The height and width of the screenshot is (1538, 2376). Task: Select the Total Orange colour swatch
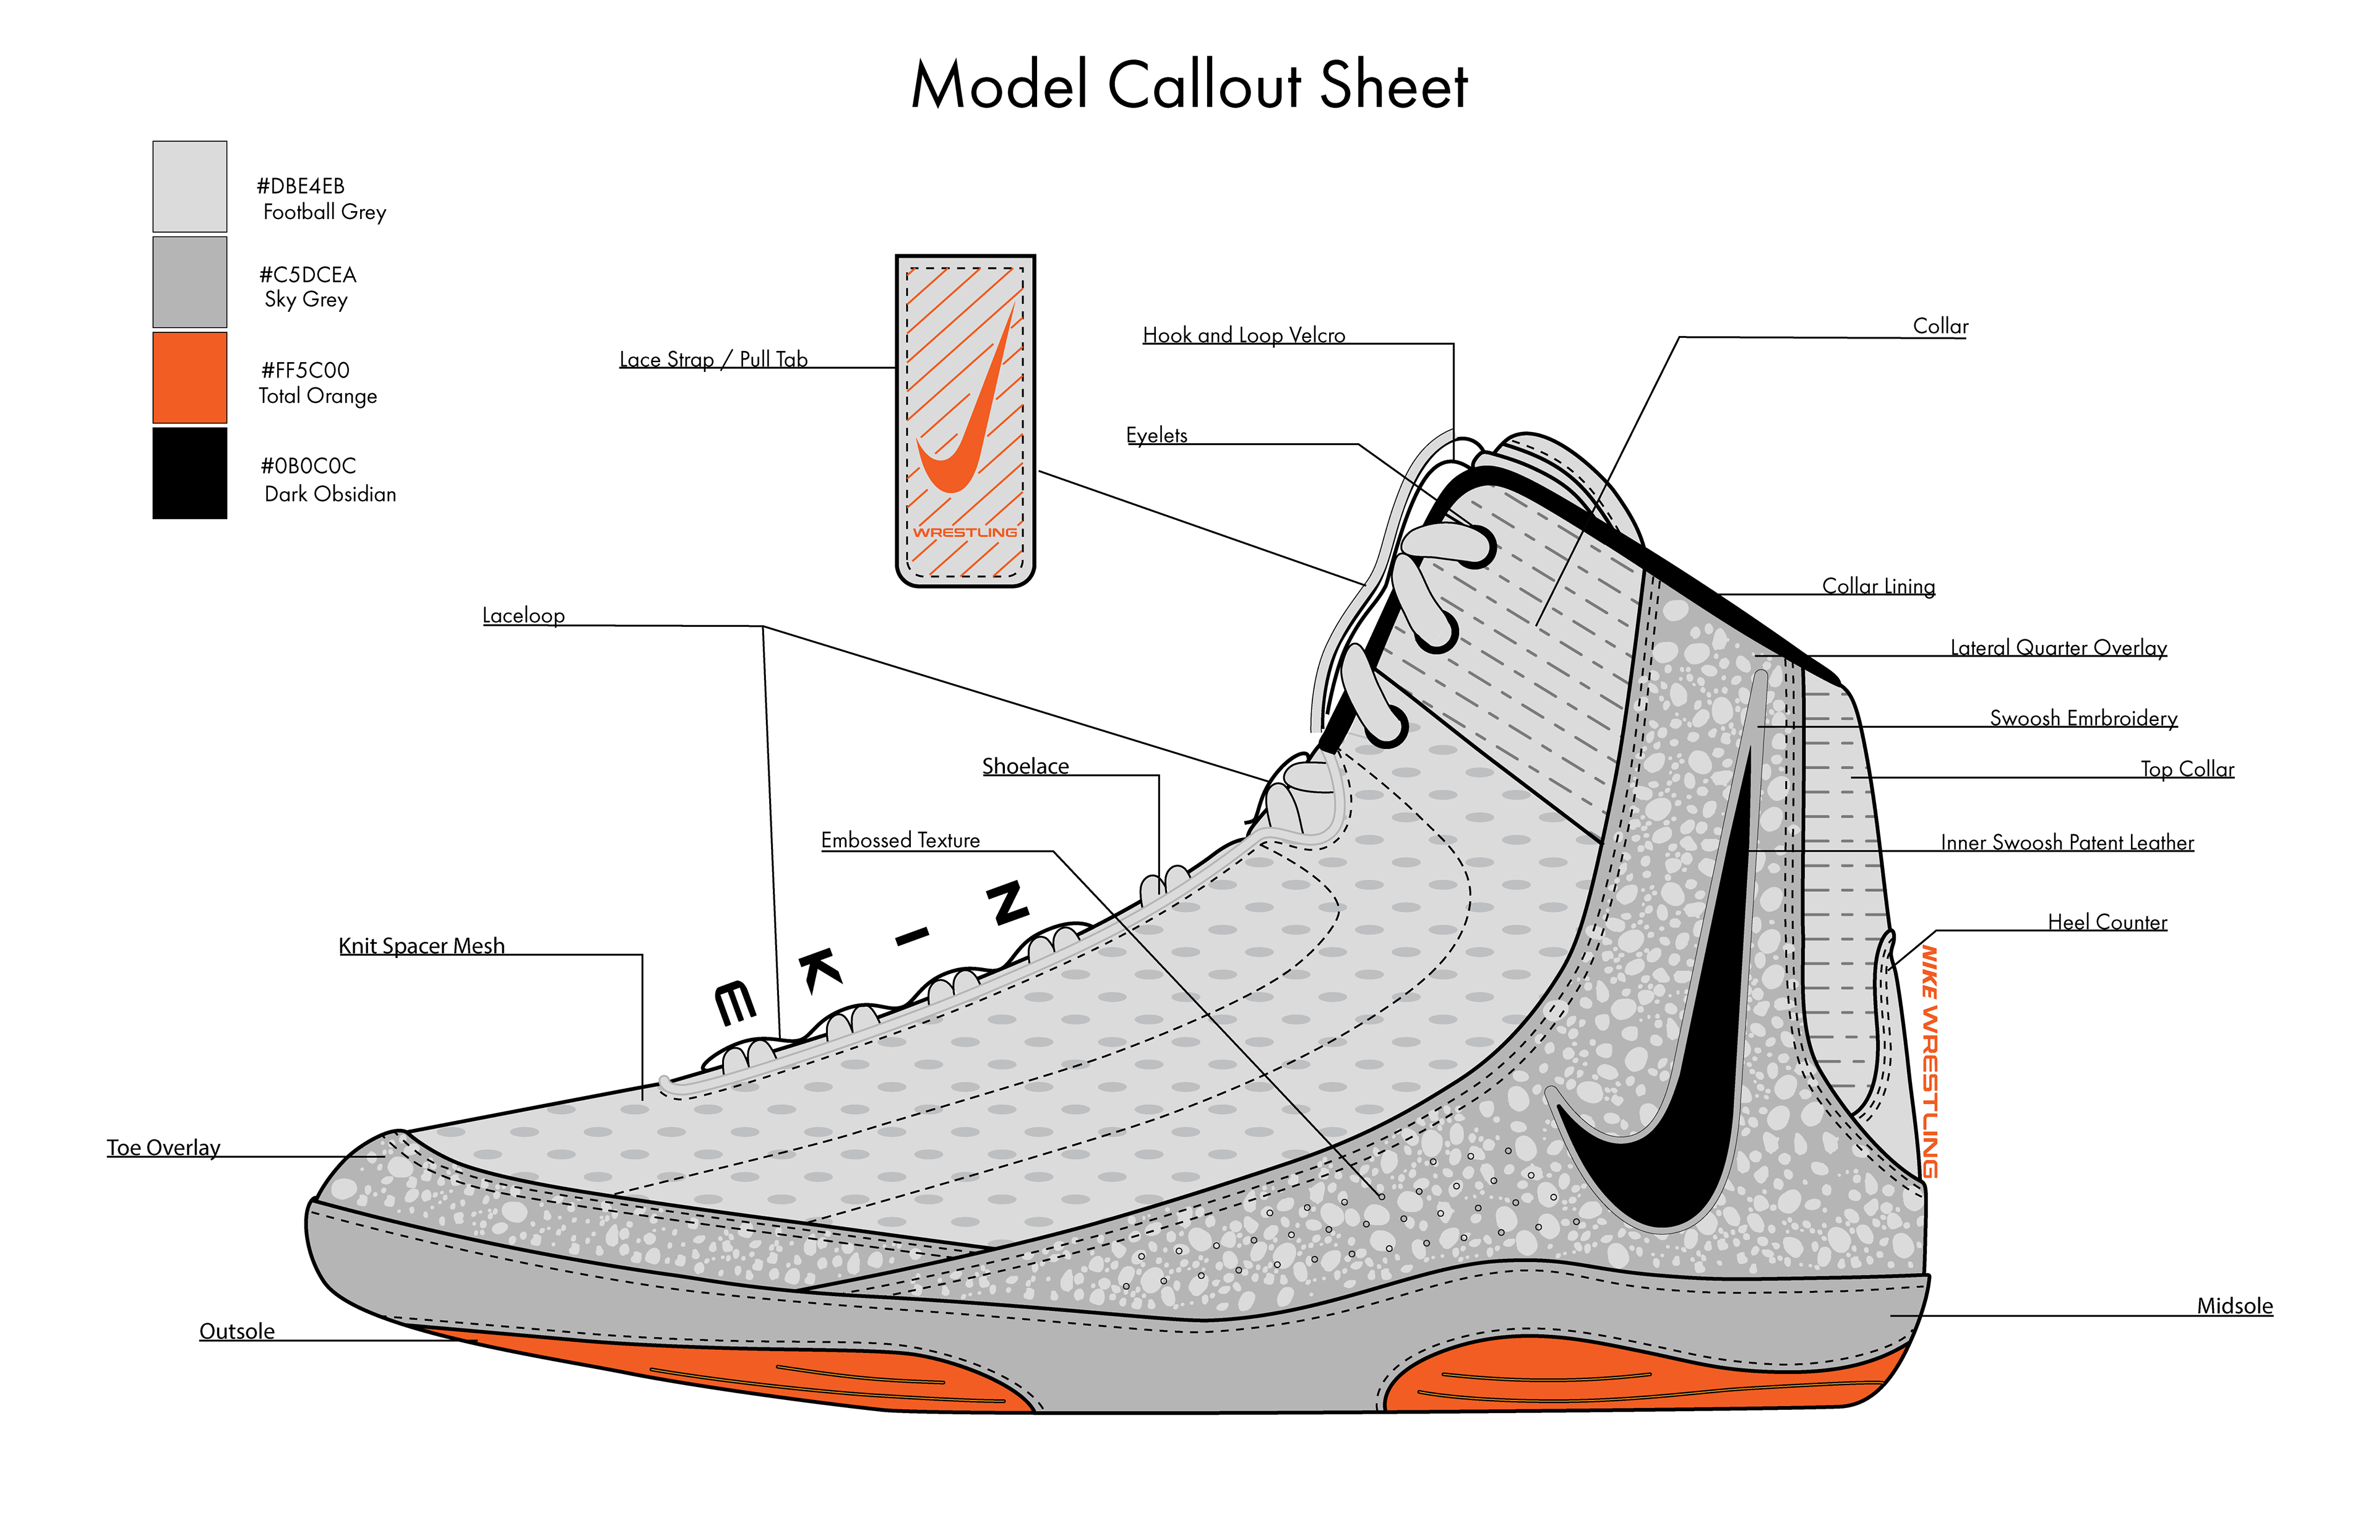pos(190,378)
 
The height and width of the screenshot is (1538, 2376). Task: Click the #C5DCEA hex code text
pos(308,275)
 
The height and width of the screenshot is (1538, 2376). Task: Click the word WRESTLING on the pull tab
pos(965,532)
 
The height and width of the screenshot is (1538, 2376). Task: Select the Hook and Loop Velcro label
pos(1243,335)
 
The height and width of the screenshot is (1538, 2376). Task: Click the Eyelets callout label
pos(1156,436)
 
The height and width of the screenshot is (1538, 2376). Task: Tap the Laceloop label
pos(523,615)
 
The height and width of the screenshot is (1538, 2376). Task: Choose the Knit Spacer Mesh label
pos(421,946)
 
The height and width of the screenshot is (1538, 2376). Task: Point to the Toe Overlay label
pos(164,1147)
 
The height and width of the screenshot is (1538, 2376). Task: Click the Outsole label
pos(236,1331)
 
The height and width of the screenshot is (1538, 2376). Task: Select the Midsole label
pos(2234,1307)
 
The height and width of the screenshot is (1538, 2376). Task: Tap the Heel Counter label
pos(2106,922)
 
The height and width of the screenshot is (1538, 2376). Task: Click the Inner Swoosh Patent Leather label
pos(2067,843)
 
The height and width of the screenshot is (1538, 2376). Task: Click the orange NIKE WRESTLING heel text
pos(1930,1061)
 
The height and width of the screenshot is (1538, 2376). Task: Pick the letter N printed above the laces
pos(1006,903)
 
